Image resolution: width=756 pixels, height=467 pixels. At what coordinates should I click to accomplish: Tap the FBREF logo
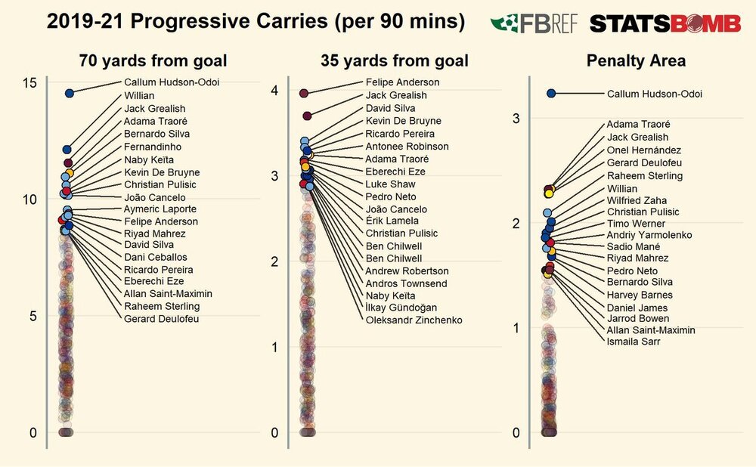[534, 23]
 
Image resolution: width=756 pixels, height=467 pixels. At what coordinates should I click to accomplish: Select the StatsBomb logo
[665, 23]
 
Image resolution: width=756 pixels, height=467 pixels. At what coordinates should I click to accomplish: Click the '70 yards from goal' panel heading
[153, 60]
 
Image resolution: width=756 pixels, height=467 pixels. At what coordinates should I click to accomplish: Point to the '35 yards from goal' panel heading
[395, 60]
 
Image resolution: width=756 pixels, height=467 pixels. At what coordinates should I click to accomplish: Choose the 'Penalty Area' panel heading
[636, 60]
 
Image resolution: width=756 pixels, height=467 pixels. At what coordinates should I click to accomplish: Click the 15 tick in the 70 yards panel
[29, 83]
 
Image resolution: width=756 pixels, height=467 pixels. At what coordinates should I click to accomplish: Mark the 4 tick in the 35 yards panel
[274, 91]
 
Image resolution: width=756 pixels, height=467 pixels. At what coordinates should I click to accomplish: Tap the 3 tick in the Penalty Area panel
[516, 118]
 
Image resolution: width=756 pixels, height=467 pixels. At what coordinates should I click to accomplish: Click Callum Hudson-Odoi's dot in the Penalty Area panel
[551, 94]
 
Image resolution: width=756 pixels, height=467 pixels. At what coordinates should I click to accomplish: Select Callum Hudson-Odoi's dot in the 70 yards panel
[70, 93]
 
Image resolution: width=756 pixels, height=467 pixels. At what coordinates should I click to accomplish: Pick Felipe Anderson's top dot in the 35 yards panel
[304, 93]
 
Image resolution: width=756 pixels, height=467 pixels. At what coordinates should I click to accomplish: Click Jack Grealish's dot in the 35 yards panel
[307, 116]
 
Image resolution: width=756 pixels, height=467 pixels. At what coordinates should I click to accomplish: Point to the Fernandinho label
[153, 147]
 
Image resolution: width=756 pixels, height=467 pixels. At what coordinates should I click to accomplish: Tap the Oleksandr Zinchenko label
[414, 320]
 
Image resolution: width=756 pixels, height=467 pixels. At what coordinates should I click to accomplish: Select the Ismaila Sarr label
[634, 342]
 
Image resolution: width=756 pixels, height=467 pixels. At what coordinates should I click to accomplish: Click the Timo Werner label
[636, 224]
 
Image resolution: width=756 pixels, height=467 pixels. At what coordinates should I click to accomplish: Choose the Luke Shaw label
[390, 184]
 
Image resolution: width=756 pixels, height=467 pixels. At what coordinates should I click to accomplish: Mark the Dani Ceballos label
[156, 258]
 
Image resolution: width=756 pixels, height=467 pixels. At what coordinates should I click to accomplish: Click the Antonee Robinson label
[407, 147]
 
